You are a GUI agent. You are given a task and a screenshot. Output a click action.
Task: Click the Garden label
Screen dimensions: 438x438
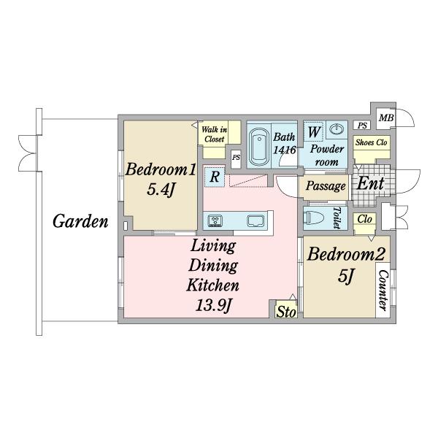click(80, 221)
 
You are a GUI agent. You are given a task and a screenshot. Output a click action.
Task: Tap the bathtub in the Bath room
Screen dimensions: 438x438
click(259, 147)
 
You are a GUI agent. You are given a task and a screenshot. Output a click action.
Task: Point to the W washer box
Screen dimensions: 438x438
click(314, 131)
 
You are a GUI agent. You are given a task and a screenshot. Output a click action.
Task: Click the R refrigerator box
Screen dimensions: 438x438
click(214, 177)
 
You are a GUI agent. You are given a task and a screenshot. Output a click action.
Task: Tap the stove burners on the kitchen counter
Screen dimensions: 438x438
click(215, 220)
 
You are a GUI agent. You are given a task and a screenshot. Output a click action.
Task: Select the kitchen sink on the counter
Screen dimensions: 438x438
click(255, 220)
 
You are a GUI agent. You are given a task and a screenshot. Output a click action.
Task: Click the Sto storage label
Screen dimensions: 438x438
click(285, 312)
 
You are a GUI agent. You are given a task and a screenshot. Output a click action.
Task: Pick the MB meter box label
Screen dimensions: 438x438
click(386, 118)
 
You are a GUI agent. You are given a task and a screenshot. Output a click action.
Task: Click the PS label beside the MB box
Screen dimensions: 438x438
click(362, 126)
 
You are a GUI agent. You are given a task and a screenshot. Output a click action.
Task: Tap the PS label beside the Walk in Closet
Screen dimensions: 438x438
click(236, 157)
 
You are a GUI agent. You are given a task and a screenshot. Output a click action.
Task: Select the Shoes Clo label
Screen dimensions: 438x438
click(372, 142)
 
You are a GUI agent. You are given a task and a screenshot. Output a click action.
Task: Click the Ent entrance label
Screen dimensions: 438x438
click(370, 183)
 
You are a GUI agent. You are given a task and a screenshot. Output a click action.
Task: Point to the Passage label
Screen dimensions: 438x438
click(326, 186)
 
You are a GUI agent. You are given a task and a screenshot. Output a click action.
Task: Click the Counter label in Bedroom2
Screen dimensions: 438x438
click(383, 291)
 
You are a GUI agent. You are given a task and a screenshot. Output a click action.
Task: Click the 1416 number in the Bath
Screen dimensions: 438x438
click(285, 150)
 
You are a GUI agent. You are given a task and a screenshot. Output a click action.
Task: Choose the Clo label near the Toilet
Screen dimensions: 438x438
click(364, 220)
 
